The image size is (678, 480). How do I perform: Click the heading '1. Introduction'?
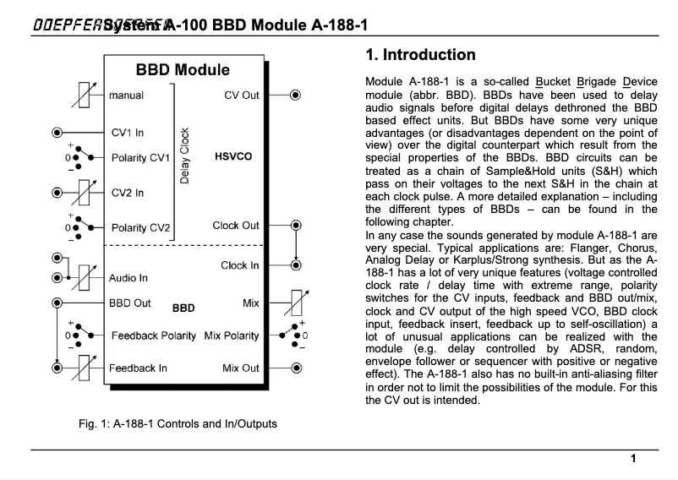pos(420,57)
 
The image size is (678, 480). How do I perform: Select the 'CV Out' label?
pos(242,95)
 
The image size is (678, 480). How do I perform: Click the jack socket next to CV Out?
pos(296,95)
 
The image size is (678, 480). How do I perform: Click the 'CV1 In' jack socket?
pos(57,133)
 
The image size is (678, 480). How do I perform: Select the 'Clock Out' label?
pos(236,226)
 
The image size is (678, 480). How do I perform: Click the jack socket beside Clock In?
pos(296,265)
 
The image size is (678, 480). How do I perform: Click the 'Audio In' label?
pos(129,277)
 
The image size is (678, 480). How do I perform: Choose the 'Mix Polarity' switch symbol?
pos(295,335)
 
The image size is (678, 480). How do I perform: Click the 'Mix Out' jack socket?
pos(296,368)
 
